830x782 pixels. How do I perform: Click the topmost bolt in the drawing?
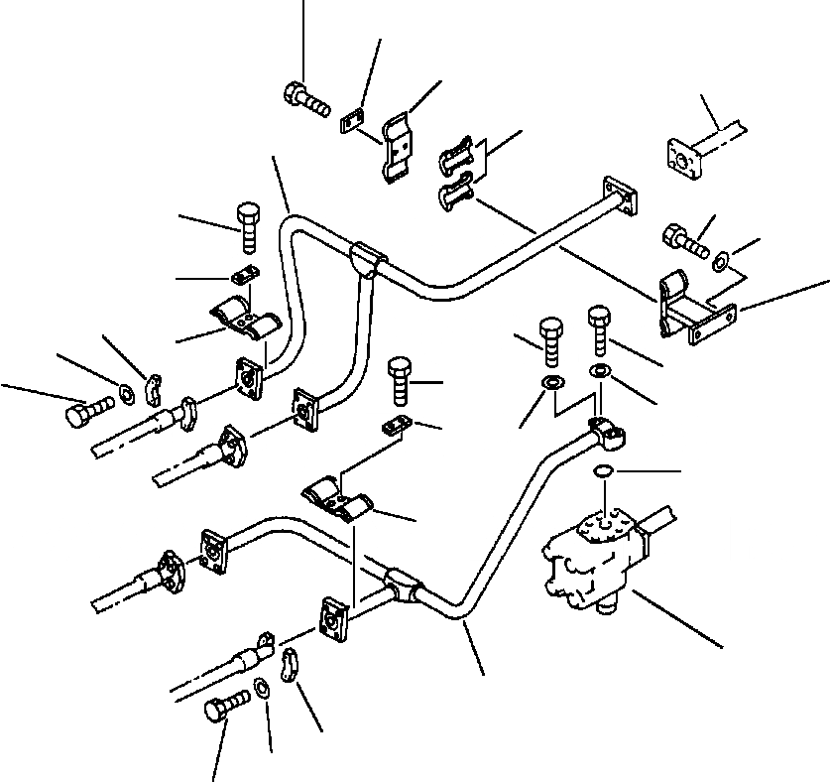point(305,98)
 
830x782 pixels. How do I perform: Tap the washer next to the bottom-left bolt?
point(260,688)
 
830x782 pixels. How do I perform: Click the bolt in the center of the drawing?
point(399,380)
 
